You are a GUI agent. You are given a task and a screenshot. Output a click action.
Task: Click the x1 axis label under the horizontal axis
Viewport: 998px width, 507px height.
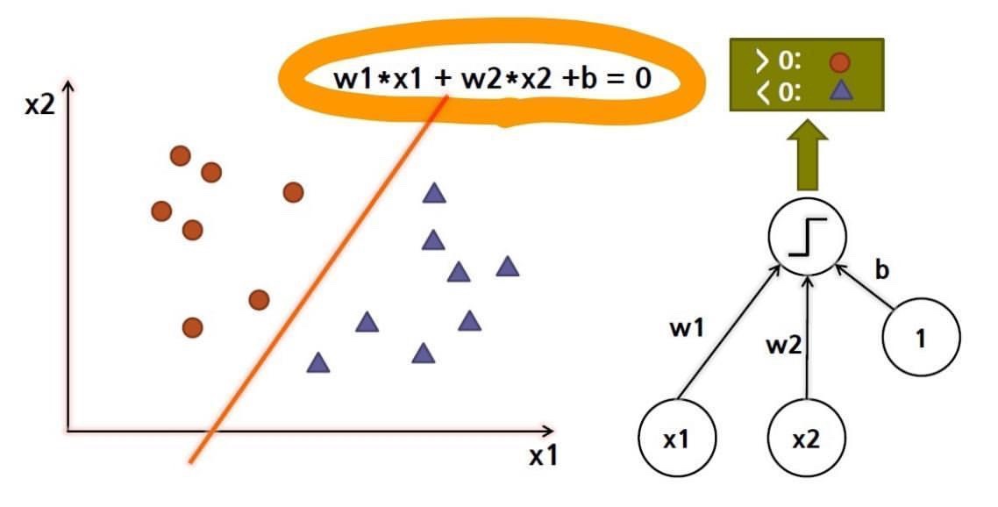coord(544,456)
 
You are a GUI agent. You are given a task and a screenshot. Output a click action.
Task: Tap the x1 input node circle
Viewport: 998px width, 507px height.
coord(675,439)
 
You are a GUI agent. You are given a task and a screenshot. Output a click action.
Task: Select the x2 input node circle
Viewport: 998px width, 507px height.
coord(806,439)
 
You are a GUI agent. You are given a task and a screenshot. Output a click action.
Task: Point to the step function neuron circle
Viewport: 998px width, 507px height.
coord(808,237)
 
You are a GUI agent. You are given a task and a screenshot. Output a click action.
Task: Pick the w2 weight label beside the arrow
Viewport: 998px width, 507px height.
coord(783,346)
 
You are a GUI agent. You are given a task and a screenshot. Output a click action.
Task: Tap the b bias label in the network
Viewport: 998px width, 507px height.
coord(881,270)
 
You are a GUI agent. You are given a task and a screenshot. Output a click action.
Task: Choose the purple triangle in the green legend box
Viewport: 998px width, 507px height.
coord(840,91)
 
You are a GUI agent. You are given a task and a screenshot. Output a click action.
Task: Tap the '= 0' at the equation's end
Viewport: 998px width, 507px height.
coord(631,78)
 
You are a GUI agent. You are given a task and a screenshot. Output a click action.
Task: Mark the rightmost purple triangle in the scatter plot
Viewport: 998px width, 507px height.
coord(507,266)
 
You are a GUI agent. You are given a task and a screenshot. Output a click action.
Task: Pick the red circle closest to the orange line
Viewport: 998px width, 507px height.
coord(259,300)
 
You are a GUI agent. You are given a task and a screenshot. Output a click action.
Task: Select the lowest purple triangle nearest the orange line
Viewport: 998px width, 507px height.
coord(318,361)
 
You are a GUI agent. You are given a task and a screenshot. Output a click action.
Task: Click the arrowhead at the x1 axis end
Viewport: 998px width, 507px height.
coord(549,431)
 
